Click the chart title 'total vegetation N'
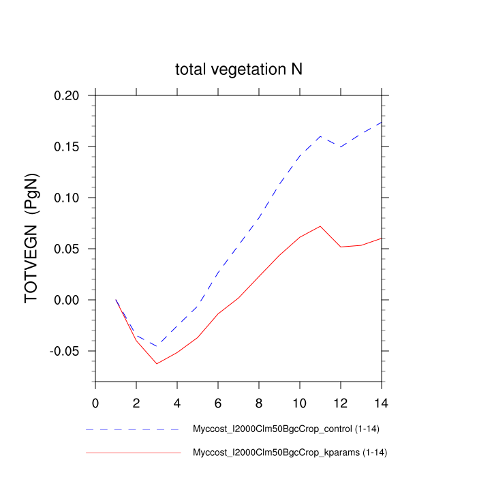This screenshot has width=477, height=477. [238, 70]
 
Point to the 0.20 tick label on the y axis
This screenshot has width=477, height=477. [70, 95]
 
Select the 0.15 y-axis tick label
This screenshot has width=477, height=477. [70, 147]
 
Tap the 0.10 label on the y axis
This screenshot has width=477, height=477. [70, 198]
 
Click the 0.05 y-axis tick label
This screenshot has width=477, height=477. [70, 249]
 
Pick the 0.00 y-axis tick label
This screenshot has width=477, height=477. [70, 300]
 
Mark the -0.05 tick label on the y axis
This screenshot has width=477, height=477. [68, 351]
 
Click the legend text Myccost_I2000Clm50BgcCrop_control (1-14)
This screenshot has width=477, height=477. [282, 430]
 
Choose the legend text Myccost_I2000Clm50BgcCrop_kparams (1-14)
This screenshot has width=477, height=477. [282, 452]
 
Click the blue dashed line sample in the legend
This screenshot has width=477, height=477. [133, 430]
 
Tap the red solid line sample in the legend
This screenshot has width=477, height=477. [133, 452]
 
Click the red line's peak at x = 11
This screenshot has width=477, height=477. [320, 226]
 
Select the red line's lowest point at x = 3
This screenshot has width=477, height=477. [157, 363]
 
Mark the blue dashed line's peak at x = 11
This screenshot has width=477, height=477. [320, 136]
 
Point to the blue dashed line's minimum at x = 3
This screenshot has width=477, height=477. [157, 346]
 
